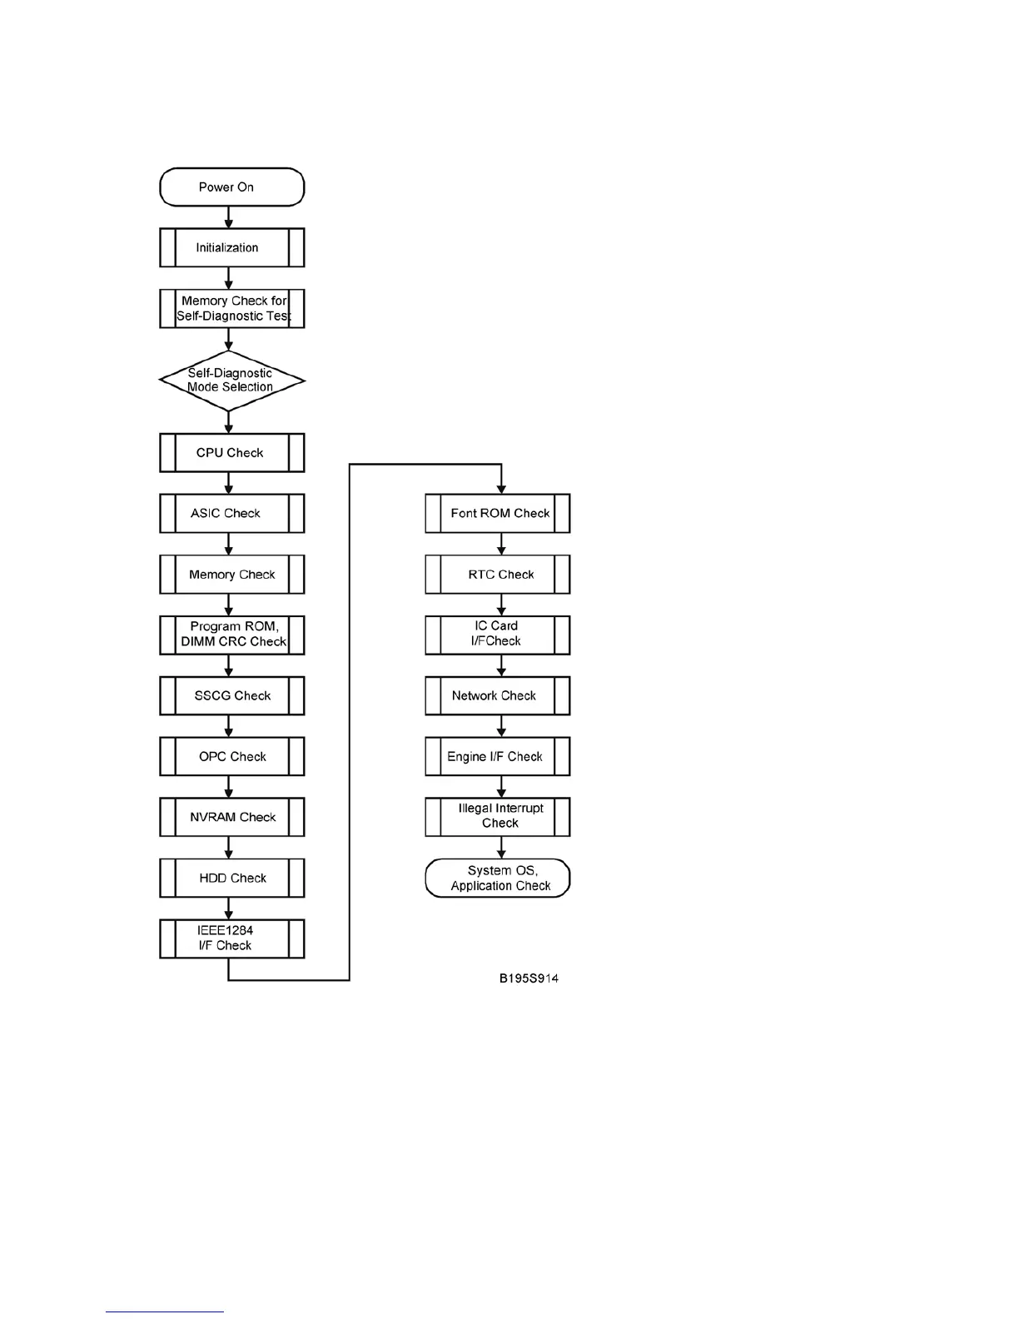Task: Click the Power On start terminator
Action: coord(231,187)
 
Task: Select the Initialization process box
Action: coord(231,247)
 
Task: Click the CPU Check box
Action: coord(231,453)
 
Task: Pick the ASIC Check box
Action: coord(231,513)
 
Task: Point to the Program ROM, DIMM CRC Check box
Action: coord(231,635)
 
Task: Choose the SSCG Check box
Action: coord(231,695)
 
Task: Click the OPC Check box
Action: coord(231,756)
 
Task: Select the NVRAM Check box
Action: coord(231,817)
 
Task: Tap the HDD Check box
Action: coord(231,878)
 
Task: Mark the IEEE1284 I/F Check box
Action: coord(231,938)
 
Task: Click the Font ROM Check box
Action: coord(497,513)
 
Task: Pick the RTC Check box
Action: coord(497,575)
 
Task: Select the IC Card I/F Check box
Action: coord(497,635)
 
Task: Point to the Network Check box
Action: coord(497,695)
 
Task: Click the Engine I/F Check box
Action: coord(497,756)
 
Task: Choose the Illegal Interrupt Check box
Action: coord(497,817)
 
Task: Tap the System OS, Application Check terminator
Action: coord(497,878)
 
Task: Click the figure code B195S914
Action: coord(529,978)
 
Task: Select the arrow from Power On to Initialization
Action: coord(229,217)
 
